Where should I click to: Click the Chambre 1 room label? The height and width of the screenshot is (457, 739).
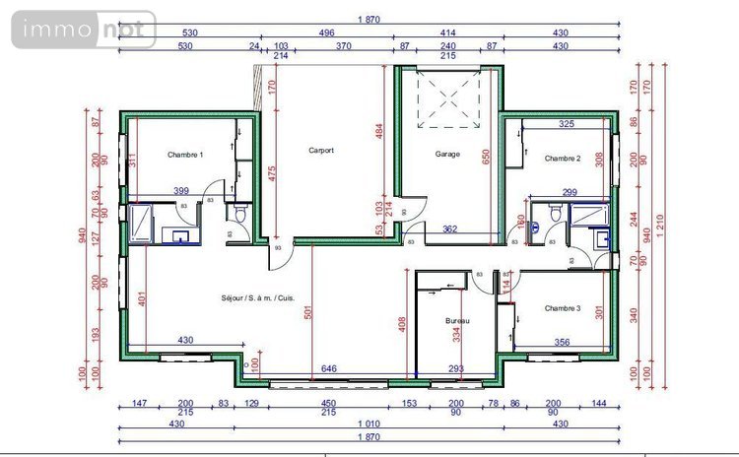click(185, 155)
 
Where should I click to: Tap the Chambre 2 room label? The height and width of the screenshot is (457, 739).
click(563, 158)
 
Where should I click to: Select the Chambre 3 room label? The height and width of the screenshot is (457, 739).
click(563, 308)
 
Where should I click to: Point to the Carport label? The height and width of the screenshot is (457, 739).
click(321, 151)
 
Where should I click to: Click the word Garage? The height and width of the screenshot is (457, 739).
click(448, 154)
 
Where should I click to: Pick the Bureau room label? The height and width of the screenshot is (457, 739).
click(457, 322)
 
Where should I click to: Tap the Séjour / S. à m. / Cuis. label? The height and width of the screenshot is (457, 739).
click(257, 297)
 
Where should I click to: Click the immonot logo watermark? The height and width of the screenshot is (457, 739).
click(84, 31)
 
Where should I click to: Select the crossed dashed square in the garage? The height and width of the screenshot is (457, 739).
click(449, 98)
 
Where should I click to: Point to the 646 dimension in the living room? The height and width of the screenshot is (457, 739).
click(329, 368)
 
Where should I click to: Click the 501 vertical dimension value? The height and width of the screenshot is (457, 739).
click(308, 313)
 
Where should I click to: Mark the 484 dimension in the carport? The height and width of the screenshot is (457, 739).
click(378, 132)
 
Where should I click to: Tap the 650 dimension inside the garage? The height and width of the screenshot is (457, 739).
click(484, 155)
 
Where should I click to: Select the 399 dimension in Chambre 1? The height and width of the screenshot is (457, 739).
click(181, 190)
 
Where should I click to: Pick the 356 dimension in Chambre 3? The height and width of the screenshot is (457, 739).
click(562, 342)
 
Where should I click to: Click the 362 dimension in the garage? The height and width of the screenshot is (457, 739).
click(449, 228)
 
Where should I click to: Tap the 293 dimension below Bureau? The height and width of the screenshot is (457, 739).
click(456, 368)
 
